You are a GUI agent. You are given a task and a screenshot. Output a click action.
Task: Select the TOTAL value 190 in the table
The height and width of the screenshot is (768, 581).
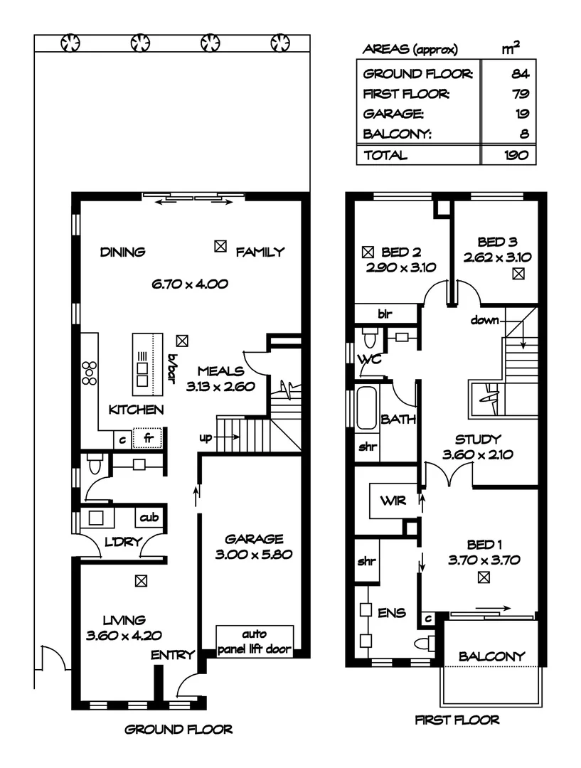click(x=516, y=155)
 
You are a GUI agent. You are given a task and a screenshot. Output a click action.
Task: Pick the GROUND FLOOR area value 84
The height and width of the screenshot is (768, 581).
click(x=519, y=74)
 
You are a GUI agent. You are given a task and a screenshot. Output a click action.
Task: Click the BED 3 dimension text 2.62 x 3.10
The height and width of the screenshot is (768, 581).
click(x=499, y=257)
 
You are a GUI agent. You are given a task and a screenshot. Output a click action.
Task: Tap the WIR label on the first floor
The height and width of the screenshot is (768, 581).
click(x=393, y=501)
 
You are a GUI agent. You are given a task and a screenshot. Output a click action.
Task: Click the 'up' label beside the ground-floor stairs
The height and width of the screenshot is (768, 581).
click(x=206, y=437)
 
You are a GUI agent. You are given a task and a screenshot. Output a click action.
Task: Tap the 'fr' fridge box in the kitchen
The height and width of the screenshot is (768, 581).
click(x=149, y=439)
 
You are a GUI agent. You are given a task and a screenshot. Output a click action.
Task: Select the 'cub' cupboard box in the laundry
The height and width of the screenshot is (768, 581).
click(x=149, y=517)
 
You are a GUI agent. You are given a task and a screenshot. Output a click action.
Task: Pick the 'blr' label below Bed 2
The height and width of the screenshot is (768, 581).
click(x=385, y=313)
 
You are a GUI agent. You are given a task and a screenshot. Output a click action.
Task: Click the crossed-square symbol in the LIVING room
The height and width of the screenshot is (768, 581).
click(x=142, y=582)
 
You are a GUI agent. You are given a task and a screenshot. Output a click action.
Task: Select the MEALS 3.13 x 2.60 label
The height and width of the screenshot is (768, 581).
click(x=220, y=378)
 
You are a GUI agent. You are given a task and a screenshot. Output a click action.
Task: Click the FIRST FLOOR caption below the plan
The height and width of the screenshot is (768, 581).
click(x=457, y=720)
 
